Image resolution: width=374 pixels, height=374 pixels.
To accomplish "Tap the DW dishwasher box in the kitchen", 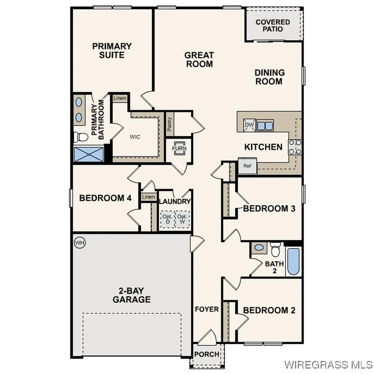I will (249, 125).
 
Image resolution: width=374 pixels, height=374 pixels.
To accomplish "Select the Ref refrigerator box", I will (248, 166).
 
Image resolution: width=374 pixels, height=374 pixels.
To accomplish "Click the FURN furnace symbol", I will (179, 148).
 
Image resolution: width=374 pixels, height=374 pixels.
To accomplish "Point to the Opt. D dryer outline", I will (168, 219).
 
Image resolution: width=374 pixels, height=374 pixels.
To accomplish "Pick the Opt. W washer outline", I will (182, 219).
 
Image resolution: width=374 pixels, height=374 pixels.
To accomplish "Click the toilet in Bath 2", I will (276, 250).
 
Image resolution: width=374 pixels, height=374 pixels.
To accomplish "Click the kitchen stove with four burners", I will (295, 147).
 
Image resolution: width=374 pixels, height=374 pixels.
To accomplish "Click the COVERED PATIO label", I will (272, 25).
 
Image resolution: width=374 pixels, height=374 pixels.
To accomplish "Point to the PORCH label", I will (207, 354).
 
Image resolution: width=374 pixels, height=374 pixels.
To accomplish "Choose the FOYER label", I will (207, 309).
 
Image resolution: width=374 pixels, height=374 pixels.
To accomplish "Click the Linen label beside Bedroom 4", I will (148, 197).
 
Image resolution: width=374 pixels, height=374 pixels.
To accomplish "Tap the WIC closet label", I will (135, 137).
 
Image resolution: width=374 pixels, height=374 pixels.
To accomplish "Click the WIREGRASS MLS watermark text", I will (328, 364).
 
